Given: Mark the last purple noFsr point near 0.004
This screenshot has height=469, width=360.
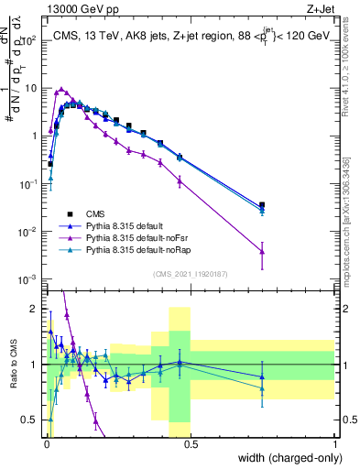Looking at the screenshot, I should (x=263, y=251).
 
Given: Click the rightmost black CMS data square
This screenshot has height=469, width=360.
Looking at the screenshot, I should (x=263, y=205).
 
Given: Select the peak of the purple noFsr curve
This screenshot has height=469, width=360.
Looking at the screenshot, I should (x=60, y=90).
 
